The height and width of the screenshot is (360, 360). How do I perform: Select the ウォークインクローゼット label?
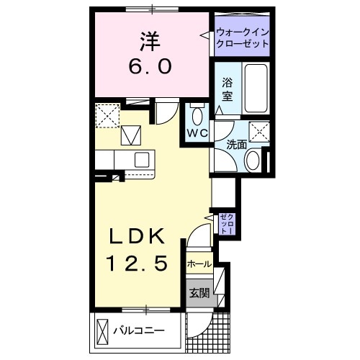[243, 37]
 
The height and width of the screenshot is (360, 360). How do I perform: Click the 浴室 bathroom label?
[227, 89]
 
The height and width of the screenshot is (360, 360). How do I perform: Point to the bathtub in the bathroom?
[256, 88]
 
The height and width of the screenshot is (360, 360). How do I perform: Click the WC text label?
[197, 134]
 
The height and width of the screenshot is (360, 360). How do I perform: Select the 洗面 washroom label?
[236, 144]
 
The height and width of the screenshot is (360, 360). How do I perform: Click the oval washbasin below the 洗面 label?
[253, 160]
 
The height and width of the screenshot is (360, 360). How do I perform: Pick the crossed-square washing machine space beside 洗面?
[258, 132]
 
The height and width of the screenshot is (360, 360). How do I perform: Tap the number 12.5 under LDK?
[140, 264]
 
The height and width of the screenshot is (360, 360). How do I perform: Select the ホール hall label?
[199, 264]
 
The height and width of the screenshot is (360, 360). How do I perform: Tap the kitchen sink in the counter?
[140, 159]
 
